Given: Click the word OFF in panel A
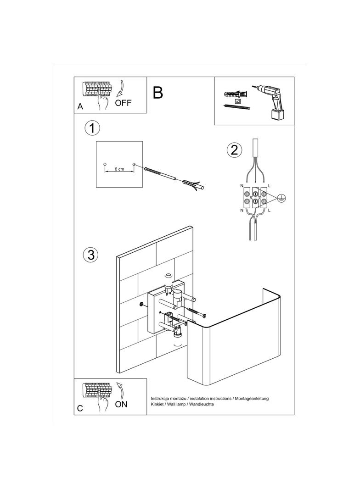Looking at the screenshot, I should click(123, 103).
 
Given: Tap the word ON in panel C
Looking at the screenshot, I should click(121, 404).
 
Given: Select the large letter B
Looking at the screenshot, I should click(157, 93).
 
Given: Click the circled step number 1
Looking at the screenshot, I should click(92, 128).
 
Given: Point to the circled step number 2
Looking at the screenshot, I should click(234, 150).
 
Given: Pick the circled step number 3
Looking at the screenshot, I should click(91, 255).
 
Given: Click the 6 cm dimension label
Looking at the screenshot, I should click(119, 169).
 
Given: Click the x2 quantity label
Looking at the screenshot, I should click(237, 100).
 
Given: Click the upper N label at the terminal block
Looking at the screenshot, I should click(242, 185).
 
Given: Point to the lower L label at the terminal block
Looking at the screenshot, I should click(269, 210).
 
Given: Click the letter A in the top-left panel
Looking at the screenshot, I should click(80, 106).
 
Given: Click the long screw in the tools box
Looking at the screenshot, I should click(236, 107).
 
